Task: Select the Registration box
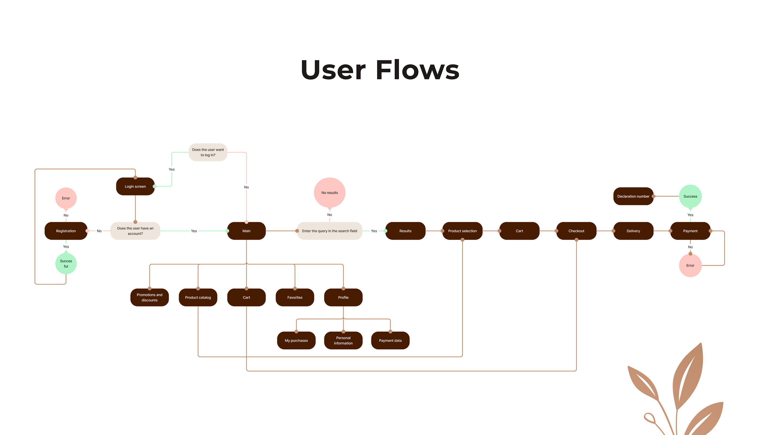pos(66,231)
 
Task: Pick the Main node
pos(246,231)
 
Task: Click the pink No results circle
pos(329,193)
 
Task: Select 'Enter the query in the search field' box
pos(329,231)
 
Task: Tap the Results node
pos(405,231)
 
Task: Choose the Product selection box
pos(462,231)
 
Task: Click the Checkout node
pos(576,231)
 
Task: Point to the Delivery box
pos(633,231)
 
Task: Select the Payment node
pos(690,231)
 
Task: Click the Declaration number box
pos(633,196)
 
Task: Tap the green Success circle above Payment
pos(690,196)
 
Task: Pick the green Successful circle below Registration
pos(66,264)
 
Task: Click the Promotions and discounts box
pos(149,297)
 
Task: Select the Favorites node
pos(295,297)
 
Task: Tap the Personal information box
pos(343,340)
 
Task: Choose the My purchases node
pos(296,340)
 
